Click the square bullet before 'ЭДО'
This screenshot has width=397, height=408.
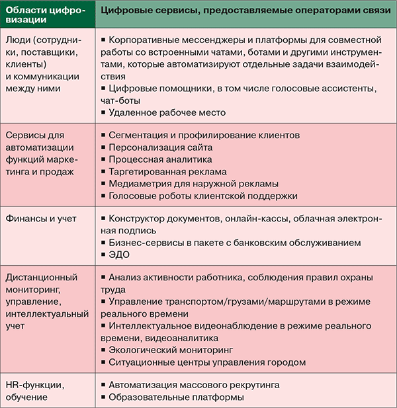103,255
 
